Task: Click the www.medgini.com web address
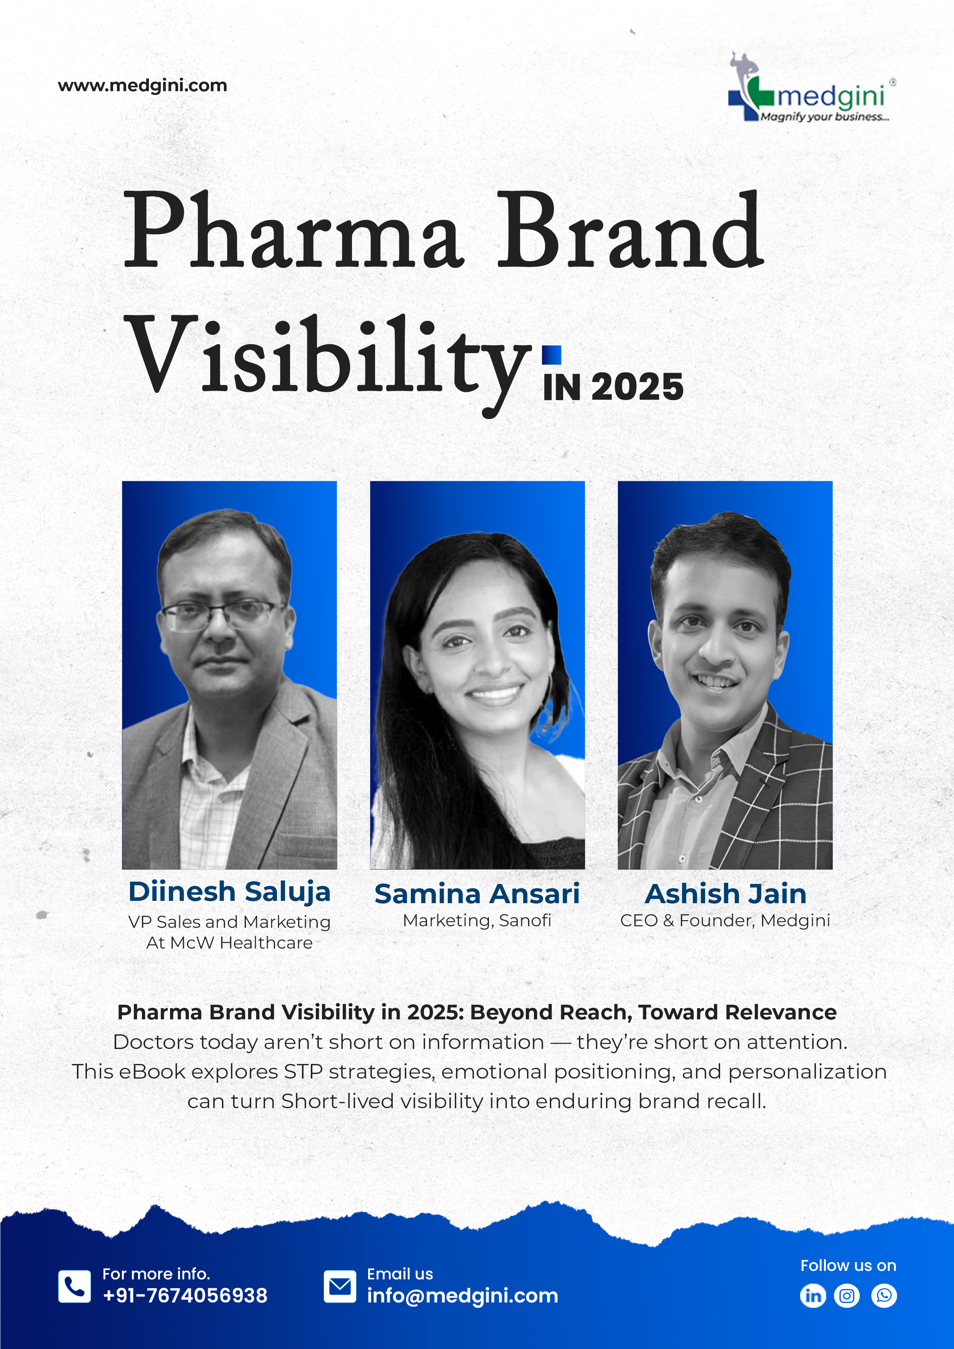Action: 142,86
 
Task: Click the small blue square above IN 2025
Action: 552,355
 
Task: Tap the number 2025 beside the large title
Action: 637,387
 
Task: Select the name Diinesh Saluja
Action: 229,892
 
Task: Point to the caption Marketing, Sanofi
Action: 477,920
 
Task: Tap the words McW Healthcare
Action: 242,943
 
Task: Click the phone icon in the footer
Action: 75,1286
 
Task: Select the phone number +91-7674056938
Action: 185,1296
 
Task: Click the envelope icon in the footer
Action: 340,1286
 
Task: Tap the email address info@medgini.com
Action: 463,1296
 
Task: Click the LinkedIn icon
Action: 813,1296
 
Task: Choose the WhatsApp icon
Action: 884,1296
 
